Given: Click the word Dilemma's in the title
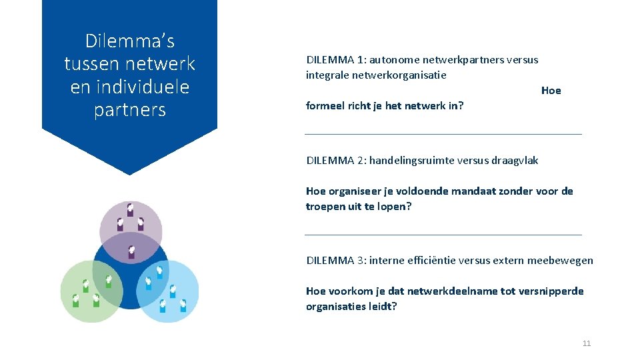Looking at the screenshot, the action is (x=130, y=41).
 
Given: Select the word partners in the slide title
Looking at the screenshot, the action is (x=130, y=110).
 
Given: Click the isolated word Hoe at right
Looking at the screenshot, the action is (x=551, y=91).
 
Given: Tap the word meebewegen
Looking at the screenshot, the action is (x=560, y=261).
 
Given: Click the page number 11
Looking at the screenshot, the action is (x=587, y=343).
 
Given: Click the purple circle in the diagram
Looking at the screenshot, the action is (x=131, y=223).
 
